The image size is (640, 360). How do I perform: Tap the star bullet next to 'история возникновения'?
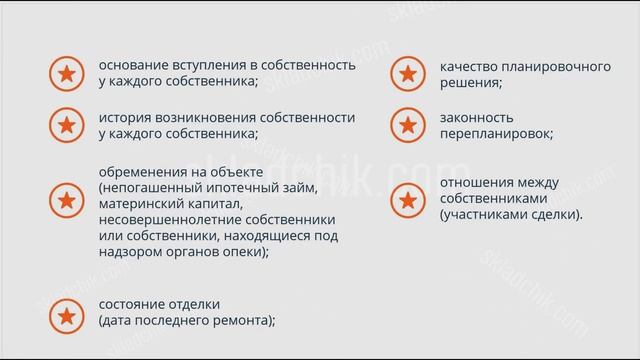pos(65,125)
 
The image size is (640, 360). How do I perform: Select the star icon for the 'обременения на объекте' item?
pos(65,201)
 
